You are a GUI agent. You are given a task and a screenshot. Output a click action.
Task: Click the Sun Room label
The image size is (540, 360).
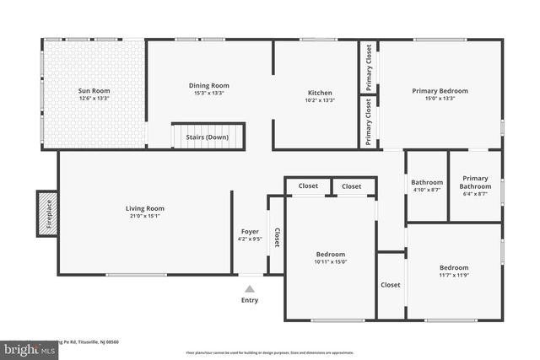click(x=94, y=91)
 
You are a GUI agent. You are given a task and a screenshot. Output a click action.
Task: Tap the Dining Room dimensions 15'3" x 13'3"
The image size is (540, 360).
click(x=208, y=94)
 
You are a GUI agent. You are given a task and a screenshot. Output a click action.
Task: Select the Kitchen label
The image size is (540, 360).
click(x=320, y=93)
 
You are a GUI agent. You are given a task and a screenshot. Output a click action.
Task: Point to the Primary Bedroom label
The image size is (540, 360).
click(x=440, y=91)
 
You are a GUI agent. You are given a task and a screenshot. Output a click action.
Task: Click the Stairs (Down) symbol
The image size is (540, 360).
click(x=208, y=137)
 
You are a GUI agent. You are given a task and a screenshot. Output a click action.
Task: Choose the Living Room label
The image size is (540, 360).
click(x=145, y=208)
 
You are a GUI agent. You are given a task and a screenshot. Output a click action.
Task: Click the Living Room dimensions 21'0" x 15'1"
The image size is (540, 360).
click(x=145, y=216)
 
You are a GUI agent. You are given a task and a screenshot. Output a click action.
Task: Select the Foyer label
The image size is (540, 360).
click(x=250, y=231)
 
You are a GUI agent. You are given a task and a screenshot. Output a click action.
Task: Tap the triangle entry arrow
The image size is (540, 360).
click(x=250, y=289)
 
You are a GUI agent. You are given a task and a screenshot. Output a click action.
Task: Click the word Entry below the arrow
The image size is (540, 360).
click(x=250, y=300)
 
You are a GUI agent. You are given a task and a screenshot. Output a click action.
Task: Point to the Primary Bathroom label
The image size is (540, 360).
click(x=475, y=182)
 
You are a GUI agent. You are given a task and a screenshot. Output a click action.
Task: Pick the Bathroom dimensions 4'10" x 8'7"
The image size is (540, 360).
click(x=427, y=191)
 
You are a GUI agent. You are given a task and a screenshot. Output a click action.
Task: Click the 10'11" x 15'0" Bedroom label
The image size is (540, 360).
click(x=331, y=254)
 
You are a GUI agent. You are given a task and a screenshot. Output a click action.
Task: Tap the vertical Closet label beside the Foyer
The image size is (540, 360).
click(x=277, y=237)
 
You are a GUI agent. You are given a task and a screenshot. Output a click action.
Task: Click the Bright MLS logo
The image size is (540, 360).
click(x=28, y=347)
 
